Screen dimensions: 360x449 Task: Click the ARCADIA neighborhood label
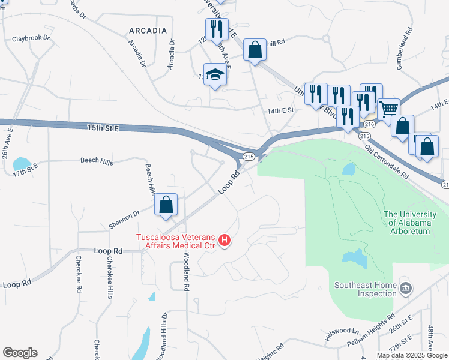pos(147,30)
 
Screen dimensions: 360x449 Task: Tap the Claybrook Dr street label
pos(31,39)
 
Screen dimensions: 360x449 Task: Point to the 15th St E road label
pos(104,128)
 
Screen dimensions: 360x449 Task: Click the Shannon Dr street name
pos(124,220)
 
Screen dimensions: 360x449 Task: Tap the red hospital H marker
pos(224,241)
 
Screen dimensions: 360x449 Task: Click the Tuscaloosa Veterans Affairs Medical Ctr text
pos(178,240)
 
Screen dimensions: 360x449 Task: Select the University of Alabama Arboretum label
pos(407,223)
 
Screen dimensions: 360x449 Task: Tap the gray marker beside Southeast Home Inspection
pos(406,290)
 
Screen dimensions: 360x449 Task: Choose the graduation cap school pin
pos(215,75)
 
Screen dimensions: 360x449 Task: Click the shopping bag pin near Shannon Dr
pos(166,205)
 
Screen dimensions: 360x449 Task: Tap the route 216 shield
pos(369,124)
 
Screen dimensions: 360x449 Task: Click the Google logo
pos(20,352)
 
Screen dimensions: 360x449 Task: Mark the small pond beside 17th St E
pos(21,163)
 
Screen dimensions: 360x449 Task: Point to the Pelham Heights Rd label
pos(372,331)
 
